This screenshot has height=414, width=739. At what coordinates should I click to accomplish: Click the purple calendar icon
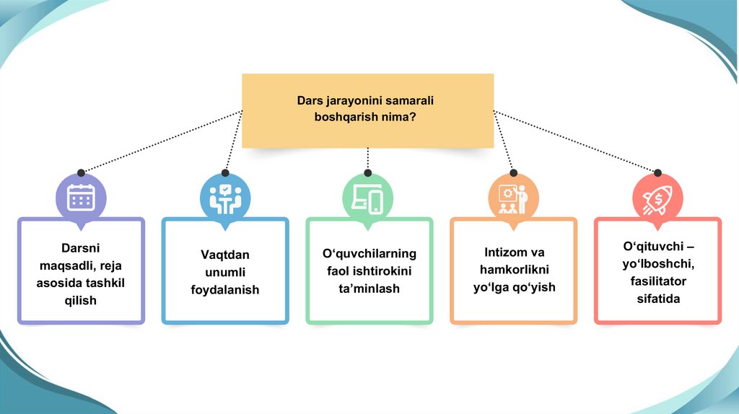click(81, 197)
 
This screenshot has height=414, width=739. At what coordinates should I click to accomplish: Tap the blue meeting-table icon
click(224, 198)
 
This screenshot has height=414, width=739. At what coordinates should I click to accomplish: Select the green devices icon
click(367, 198)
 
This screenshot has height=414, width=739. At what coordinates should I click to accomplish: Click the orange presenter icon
click(512, 198)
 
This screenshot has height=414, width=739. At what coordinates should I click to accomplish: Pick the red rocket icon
click(657, 198)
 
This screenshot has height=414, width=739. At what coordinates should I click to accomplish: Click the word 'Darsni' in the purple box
click(80, 247)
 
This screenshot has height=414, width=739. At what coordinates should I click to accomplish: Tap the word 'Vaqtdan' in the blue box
click(224, 255)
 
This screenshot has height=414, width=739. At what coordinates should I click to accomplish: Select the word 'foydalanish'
click(224, 290)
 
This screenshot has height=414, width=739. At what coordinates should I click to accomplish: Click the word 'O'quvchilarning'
click(369, 254)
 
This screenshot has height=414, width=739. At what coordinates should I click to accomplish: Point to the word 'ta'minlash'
click(369, 288)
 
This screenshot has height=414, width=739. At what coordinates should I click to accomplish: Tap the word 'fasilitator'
click(657, 281)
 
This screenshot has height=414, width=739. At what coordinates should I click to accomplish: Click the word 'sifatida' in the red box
click(657, 298)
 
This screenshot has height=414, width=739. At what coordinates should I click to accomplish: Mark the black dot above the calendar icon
click(81, 173)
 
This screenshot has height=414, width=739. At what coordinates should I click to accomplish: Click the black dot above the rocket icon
click(657, 173)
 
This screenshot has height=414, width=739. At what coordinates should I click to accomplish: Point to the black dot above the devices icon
click(368, 173)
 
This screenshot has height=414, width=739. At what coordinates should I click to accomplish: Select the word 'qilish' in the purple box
click(80, 300)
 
